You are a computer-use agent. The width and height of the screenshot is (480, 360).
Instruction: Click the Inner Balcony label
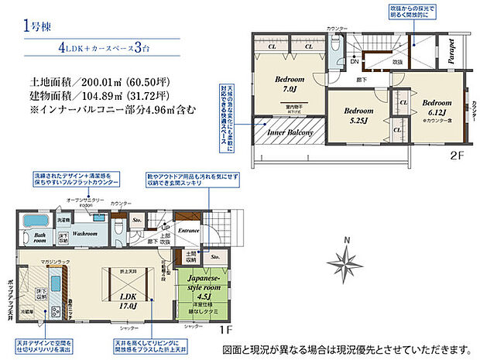click(x=290, y=132)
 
